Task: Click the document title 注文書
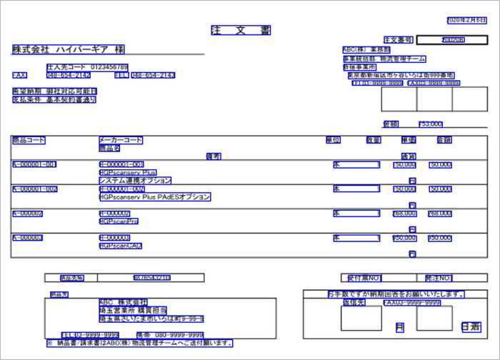[241, 31]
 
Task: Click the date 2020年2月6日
[467, 20]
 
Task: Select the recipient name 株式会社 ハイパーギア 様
[68, 50]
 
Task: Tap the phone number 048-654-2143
[153, 75]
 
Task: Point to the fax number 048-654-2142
[69, 75]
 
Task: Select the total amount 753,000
[430, 124]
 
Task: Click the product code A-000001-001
[34, 165]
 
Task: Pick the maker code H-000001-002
[122, 189]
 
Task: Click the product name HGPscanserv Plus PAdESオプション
[155, 196]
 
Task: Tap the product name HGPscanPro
[119, 221]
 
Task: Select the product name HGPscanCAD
[121, 246]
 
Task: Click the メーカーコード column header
[121, 140]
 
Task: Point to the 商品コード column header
[29, 140]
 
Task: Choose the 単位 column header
[333, 140]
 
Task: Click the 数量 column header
[374, 140]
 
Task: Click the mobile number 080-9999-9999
[179, 334]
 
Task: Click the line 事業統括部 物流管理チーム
[385, 59]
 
